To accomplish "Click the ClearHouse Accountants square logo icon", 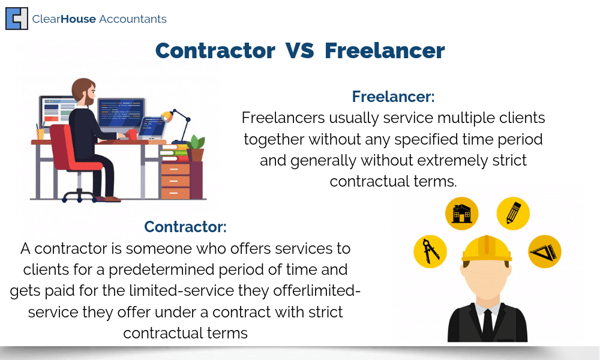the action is pos(17,19).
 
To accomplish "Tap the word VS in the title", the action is pos(299,50).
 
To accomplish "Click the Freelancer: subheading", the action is pos(394,97).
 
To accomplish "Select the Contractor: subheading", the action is pos(185,226).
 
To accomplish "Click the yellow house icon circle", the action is pos(462,214).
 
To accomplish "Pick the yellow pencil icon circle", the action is pos(513,214).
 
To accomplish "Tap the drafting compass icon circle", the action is pos(430,251).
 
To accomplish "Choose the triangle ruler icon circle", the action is pos(545,251).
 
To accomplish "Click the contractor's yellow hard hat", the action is pos(487,250).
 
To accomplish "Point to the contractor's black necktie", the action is pos(487,325).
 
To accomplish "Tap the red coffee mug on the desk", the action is pos(131,134).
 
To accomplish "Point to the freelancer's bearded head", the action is pos(84,92).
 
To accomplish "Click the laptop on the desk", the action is pos(152,128).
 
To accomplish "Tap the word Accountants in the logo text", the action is pos(133,19).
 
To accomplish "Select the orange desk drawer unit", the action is pos(175,181).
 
